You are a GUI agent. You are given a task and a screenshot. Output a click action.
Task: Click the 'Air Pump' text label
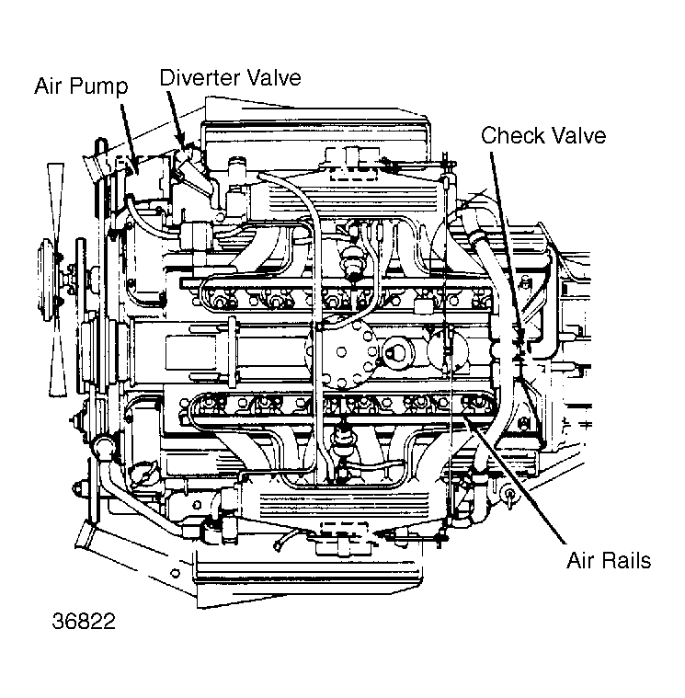point(81,87)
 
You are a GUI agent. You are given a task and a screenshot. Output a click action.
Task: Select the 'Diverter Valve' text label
point(230,77)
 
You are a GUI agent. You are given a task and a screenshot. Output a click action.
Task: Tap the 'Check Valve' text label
point(543,136)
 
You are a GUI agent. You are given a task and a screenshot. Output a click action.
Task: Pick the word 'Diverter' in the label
point(199,77)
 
